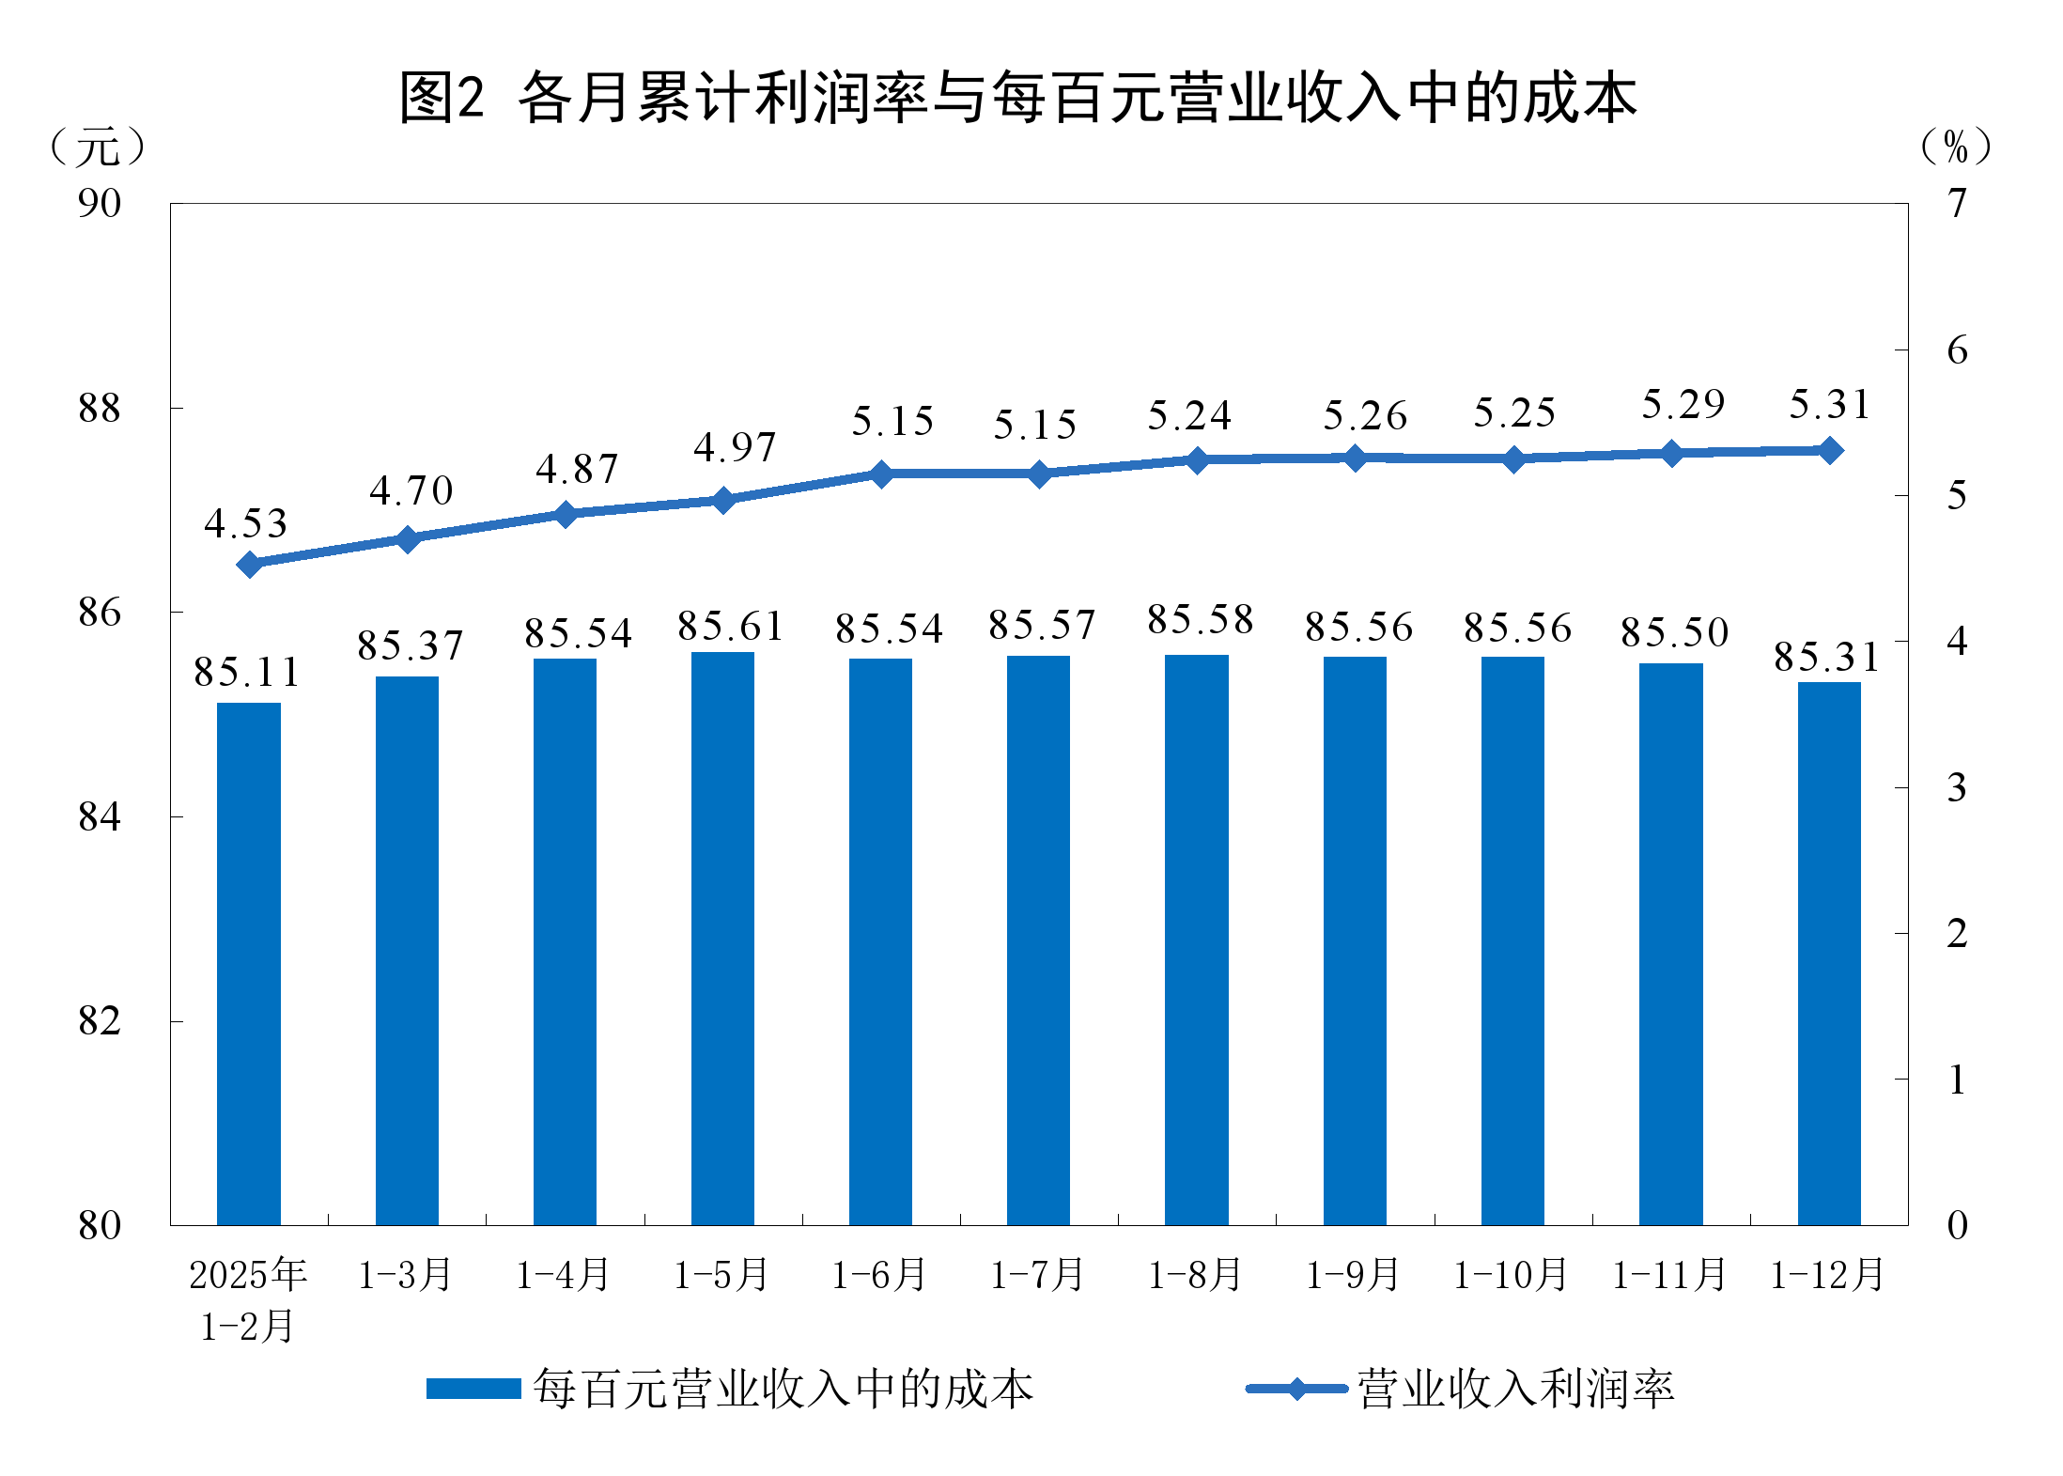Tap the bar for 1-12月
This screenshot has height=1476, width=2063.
pos(1828,953)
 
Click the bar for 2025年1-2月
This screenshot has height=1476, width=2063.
pos(249,963)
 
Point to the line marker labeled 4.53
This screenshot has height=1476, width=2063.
pos(249,564)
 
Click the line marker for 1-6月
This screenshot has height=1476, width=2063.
pos(881,474)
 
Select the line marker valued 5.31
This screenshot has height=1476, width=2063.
pos(1830,451)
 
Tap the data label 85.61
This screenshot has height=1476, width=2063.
pos(730,627)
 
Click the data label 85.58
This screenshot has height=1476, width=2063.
pos(1200,620)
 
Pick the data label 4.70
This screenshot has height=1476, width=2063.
pos(411,490)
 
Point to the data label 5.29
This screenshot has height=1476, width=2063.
pos(1683,405)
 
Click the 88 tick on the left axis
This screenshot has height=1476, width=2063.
pos(100,409)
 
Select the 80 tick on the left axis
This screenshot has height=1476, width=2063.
pos(100,1225)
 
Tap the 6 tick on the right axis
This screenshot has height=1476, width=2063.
pos(1957,350)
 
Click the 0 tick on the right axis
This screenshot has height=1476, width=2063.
pos(1957,1225)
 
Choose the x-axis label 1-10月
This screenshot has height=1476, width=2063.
pos(1511,1275)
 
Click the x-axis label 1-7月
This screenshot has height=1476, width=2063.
pos(1037,1275)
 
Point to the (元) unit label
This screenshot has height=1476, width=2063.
pos(98,148)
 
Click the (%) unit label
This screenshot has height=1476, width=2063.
pos(1956,147)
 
